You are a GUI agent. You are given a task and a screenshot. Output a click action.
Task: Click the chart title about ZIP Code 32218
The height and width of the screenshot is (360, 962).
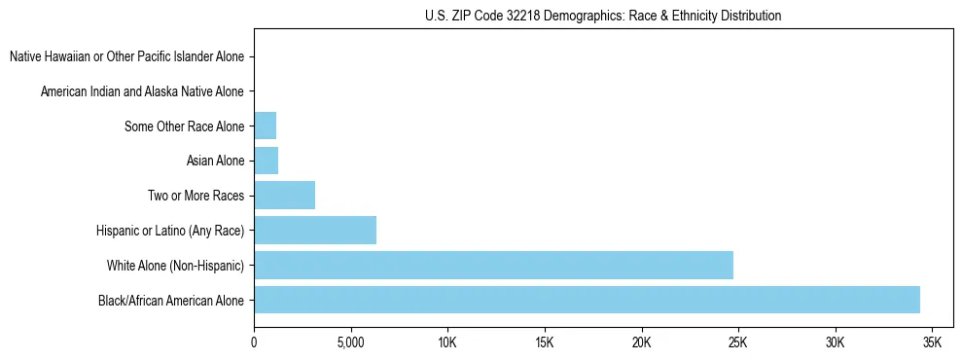point(603,16)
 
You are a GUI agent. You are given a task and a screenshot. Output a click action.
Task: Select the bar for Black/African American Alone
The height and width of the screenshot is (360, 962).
point(587,300)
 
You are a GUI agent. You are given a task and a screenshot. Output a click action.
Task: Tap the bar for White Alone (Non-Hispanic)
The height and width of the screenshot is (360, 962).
point(493,265)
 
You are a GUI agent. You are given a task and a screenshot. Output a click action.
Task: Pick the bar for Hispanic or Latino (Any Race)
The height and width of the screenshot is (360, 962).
point(315,231)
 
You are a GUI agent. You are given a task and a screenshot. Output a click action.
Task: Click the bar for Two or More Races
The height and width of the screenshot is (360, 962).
point(284,196)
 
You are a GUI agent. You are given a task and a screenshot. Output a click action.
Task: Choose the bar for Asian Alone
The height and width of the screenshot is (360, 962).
point(266,161)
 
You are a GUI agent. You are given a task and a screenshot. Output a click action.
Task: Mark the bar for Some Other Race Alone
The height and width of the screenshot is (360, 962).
point(265,126)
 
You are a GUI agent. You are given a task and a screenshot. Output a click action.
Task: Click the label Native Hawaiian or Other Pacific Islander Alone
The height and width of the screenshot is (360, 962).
point(126,56)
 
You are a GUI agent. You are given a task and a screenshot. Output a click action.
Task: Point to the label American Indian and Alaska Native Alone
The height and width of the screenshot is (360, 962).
point(142,91)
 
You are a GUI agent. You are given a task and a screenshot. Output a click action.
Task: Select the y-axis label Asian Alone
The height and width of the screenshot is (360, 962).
point(215,161)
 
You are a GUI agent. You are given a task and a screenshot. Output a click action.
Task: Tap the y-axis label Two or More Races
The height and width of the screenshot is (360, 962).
point(196,196)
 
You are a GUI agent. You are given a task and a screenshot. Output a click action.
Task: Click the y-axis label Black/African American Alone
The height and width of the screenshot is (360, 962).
point(171,300)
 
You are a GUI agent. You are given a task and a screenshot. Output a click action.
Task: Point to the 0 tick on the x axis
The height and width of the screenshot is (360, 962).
point(254,342)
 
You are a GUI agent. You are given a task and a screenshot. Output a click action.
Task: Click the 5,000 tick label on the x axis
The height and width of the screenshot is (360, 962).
point(350,342)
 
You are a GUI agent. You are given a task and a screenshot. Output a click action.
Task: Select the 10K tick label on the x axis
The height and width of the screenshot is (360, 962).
point(447,342)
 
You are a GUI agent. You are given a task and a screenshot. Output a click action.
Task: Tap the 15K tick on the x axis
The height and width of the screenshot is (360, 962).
point(544,342)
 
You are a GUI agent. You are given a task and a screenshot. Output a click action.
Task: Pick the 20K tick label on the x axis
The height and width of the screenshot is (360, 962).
point(641,342)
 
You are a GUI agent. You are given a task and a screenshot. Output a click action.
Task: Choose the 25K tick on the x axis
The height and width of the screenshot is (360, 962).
point(737,342)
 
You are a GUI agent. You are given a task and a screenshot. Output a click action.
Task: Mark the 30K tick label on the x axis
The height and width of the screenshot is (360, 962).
point(835,342)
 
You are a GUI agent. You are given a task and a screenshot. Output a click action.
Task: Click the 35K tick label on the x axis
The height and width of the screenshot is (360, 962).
point(931,342)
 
